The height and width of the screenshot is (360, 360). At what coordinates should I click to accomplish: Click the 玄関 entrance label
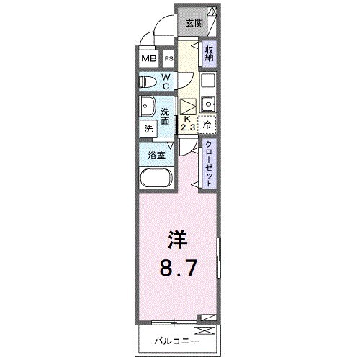[194, 23]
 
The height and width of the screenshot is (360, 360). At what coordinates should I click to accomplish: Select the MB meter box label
[148, 59]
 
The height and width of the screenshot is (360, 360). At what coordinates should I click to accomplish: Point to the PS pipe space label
[169, 59]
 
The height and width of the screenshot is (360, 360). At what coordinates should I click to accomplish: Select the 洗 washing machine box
[148, 129]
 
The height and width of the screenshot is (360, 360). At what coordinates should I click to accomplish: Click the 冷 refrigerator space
[207, 124]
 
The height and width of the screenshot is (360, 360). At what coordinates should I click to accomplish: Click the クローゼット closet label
[208, 164]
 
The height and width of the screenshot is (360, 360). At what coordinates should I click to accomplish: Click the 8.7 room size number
[177, 268]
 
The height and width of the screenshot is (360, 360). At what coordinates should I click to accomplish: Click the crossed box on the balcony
[204, 330]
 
